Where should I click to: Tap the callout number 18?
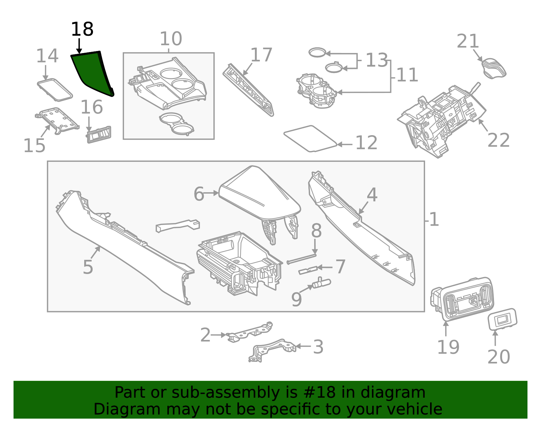(x=82, y=29)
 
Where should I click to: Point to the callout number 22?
(x=498, y=140)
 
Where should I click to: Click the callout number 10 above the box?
(x=171, y=39)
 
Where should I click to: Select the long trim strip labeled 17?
(x=249, y=90)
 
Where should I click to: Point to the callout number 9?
(x=296, y=299)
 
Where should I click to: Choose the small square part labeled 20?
(x=502, y=319)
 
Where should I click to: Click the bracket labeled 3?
(x=272, y=349)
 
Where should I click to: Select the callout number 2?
(x=205, y=335)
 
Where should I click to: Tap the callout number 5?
(x=88, y=267)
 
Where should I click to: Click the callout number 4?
(x=372, y=195)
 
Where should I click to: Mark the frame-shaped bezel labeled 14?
(x=55, y=90)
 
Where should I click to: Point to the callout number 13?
(x=376, y=60)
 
